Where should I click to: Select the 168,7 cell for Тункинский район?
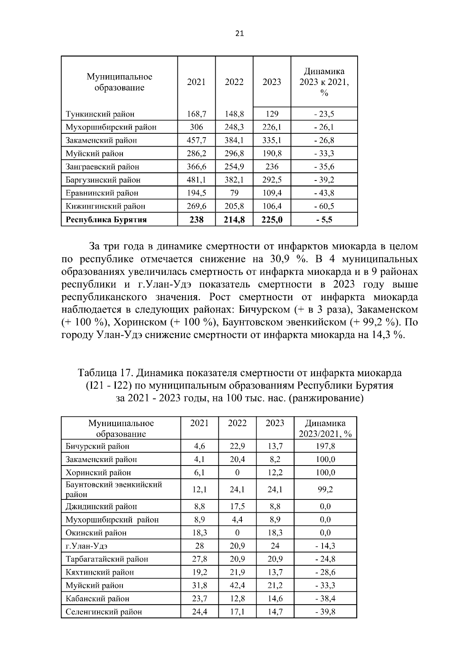[x=197, y=114]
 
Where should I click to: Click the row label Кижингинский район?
[x=105, y=206]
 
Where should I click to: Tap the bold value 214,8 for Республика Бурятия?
[x=234, y=219]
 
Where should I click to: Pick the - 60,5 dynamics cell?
[x=324, y=206]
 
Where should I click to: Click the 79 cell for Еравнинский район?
[x=234, y=193]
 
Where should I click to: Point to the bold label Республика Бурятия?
[x=106, y=219]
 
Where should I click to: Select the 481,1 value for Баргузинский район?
[x=197, y=180]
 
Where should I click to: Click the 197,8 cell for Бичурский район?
[x=325, y=446]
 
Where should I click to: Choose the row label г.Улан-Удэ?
[x=86, y=546]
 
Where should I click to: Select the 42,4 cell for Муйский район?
[x=237, y=585]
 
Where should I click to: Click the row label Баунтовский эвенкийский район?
[x=113, y=489]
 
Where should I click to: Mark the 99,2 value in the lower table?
[x=325, y=489]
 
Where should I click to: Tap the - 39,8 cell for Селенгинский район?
[x=325, y=612]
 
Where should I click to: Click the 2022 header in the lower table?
[x=237, y=423]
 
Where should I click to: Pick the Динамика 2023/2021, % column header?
[x=325, y=428]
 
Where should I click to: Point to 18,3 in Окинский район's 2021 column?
[x=200, y=533]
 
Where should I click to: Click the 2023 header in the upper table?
[x=272, y=82]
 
